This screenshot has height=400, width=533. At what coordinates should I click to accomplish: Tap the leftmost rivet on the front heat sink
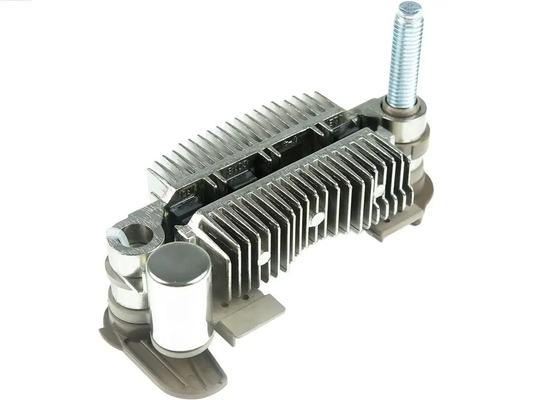pyautogui.click(x=265, y=257)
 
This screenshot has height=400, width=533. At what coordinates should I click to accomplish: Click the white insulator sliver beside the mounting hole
pyautogui.click(x=116, y=240)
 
